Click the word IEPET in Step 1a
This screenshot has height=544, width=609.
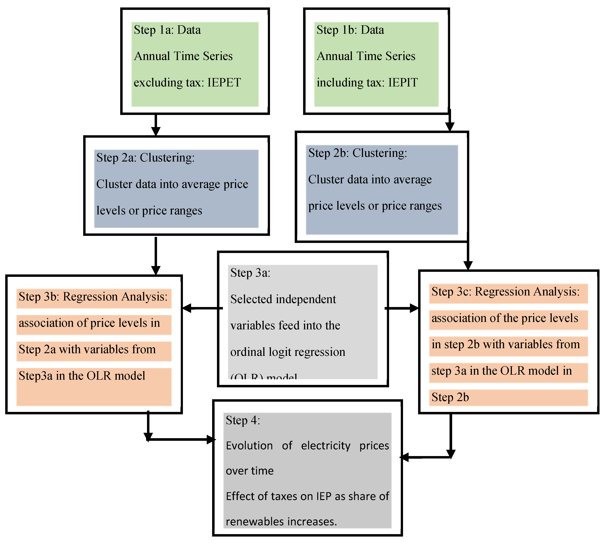click(x=224, y=83)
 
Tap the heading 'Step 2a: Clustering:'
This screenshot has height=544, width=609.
click(x=145, y=158)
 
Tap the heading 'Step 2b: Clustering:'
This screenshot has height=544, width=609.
click(x=357, y=153)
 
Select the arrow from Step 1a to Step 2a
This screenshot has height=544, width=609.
click(x=156, y=125)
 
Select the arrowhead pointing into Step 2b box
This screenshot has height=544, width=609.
click(x=450, y=127)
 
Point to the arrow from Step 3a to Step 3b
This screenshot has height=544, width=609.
click(x=202, y=308)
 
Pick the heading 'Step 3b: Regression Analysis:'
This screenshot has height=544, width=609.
click(x=93, y=297)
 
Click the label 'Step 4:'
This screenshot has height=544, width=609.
click(x=243, y=420)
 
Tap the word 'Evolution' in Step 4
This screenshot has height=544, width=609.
click(x=249, y=446)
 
